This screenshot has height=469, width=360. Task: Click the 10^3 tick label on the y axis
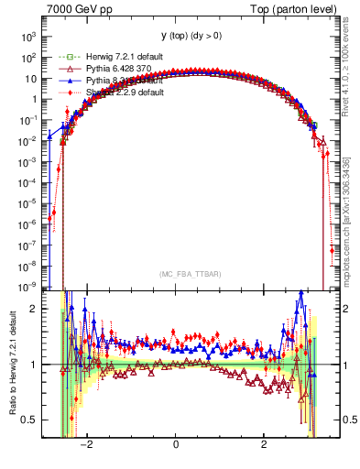tap(28, 38)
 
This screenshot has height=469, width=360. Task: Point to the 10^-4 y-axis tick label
tap(27, 183)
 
